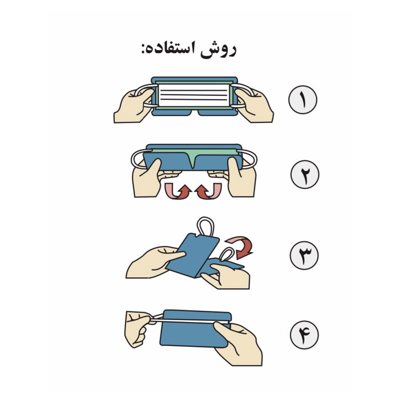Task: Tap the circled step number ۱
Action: coord(302,99)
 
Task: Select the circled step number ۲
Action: coord(305,174)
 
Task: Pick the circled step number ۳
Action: coord(305,256)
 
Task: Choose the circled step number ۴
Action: coord(305,335)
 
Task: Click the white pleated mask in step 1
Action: coord(194,95)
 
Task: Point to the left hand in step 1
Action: coord(133,105)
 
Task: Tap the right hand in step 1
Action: coord(254,105)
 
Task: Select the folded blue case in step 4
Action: coord(194,329)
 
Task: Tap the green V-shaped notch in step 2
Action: coord(193,159)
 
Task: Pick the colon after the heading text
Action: coord(142,49)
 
